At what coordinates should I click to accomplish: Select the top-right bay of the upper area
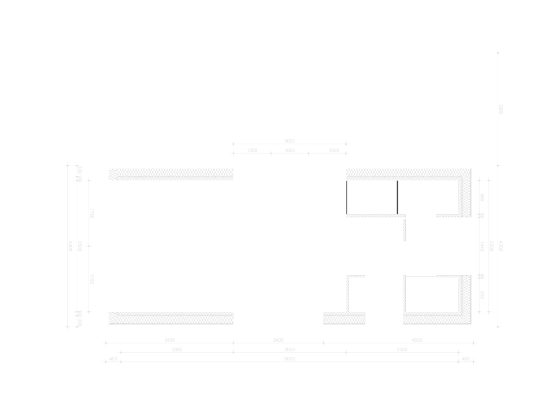[x=417, y=109]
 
